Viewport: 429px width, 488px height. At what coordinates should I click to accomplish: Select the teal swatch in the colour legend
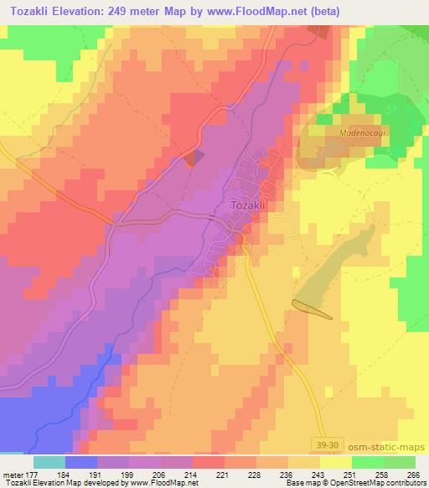coord(48,463)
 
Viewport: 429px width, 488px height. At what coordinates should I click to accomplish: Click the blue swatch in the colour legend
coord(80,463)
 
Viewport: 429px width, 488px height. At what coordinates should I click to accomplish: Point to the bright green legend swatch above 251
coord(367,463)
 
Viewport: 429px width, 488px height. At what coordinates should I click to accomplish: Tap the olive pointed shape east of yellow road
coord(312,309)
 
